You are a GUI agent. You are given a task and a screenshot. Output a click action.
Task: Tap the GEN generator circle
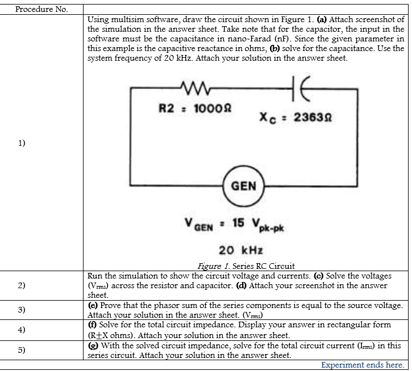click(244, 186)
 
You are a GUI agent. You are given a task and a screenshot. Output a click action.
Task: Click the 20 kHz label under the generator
click(240, 250)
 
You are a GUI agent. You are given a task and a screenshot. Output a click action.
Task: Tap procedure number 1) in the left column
click(22, 142)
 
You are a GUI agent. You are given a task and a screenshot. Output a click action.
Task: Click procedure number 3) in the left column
click(22, 310)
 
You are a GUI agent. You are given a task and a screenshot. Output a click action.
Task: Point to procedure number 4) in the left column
click(22, 330)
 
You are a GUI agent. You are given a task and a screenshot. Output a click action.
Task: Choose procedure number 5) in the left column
click(22, 349)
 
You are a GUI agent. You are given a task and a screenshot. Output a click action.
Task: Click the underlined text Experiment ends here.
click(362, 365)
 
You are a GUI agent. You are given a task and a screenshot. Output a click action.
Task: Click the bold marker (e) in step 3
click(93, 305)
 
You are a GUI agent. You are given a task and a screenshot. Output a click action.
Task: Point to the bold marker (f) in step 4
click(92, 324)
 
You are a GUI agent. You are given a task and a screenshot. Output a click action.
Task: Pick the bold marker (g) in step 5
click(93, 345)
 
